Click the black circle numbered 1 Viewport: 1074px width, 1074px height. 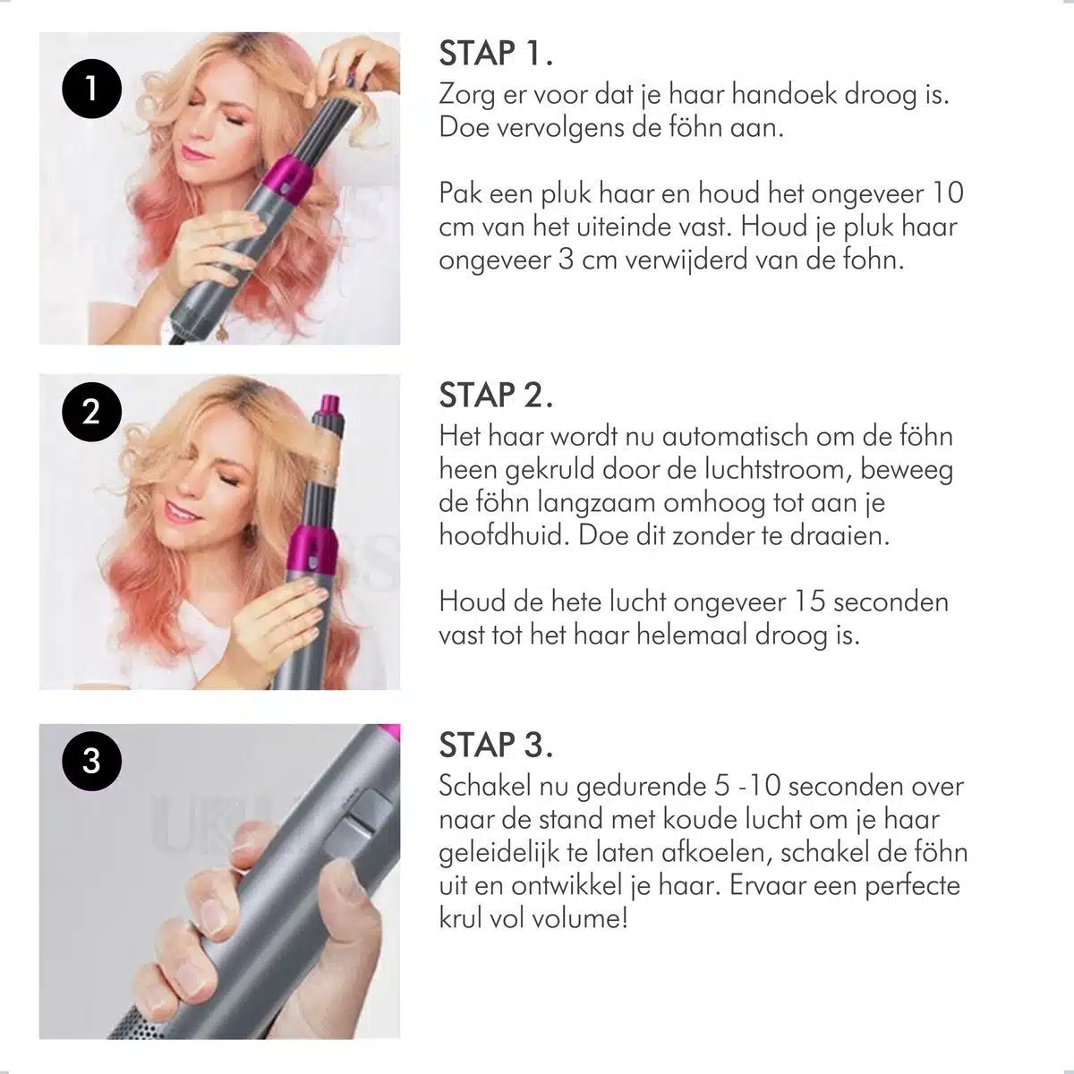coord(90,89)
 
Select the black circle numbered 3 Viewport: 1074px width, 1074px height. coord(90,761)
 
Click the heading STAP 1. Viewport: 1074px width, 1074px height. coord(496,54)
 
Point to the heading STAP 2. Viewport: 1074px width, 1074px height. coord(496,395)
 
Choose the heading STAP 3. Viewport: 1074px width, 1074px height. coord(496,745)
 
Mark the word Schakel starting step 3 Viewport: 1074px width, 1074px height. coord(489,787)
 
